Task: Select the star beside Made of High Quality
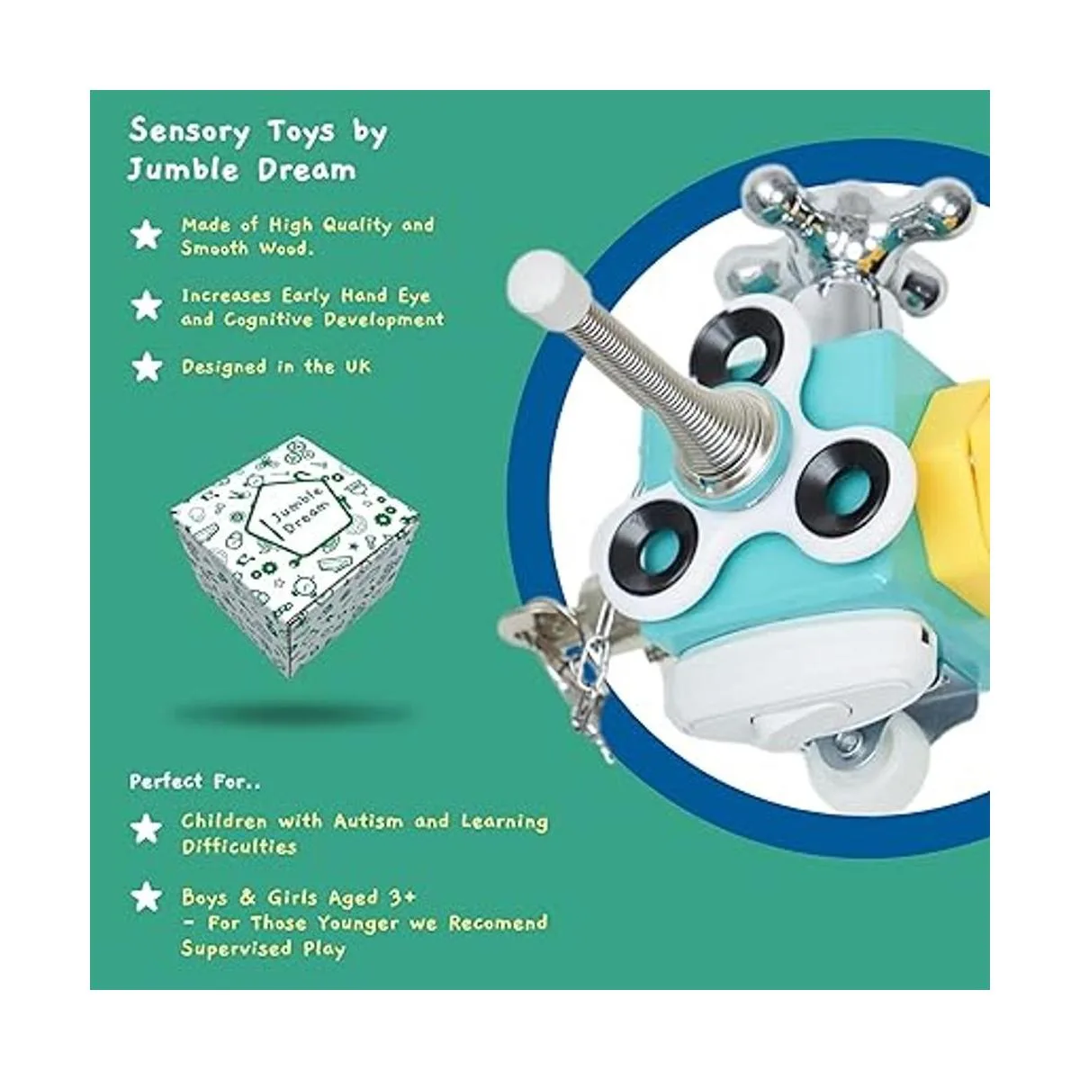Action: point(147,235)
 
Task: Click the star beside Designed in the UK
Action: point(147,367)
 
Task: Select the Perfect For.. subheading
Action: point(194,781)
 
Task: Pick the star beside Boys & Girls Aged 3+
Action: point(147,897)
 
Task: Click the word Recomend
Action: point(498,922)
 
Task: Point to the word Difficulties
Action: point(238,846)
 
